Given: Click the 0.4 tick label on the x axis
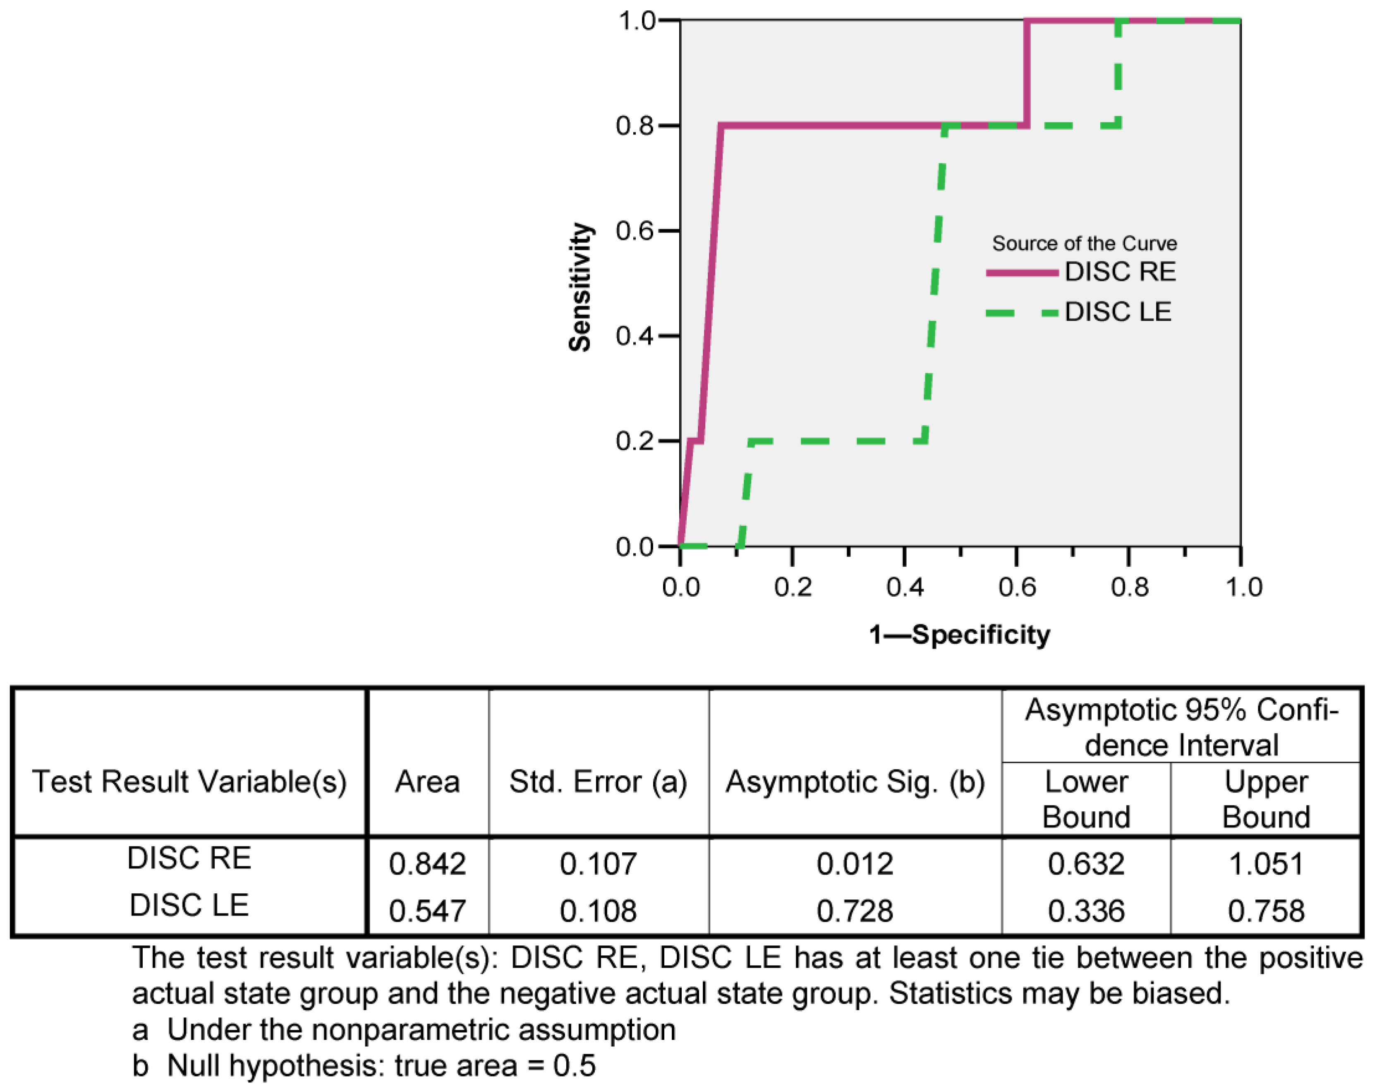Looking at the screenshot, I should coord(905,587).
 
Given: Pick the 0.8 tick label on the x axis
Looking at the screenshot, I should coord(1130,587).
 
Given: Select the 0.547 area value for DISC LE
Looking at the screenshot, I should coord(427,911).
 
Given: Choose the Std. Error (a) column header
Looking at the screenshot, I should coord(598,782).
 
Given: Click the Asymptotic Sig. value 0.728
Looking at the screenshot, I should coord(855,911).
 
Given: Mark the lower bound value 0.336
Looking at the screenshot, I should coord(1086,911).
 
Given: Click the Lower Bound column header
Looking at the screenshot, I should coord(1086,799).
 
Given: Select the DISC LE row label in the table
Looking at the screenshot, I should coord(189,905).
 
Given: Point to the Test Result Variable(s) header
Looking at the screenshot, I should coord(189,782).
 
